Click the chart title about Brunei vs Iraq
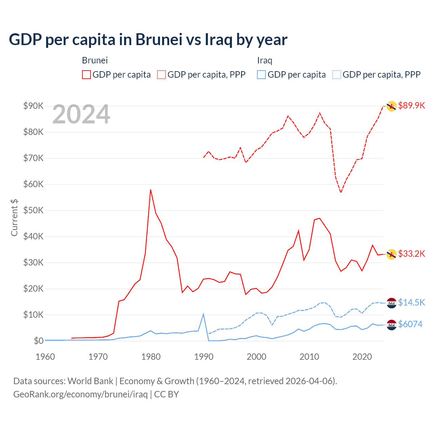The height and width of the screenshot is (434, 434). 148,40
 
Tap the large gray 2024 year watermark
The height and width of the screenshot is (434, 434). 81,115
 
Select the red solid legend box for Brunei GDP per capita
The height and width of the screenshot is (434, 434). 86,75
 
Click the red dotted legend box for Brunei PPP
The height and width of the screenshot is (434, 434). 161,75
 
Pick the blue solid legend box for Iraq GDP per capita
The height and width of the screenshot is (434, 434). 261,75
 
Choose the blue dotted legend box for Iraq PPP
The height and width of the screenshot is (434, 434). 337,75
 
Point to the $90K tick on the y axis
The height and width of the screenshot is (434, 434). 34,106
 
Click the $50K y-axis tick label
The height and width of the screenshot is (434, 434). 34,210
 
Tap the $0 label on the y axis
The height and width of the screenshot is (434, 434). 39,341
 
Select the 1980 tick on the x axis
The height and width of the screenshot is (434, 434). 151,357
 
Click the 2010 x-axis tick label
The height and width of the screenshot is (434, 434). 309,357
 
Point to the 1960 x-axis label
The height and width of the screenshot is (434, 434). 45,357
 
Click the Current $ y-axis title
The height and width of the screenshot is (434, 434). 14,217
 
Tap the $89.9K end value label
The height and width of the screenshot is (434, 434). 411,105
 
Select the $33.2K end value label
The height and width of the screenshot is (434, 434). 411,254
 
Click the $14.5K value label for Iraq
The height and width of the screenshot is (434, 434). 411,302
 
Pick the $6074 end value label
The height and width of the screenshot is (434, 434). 410,324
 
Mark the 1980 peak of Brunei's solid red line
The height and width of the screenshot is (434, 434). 151,190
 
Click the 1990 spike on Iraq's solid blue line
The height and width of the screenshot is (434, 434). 203,314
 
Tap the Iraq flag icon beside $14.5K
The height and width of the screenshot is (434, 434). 392,303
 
